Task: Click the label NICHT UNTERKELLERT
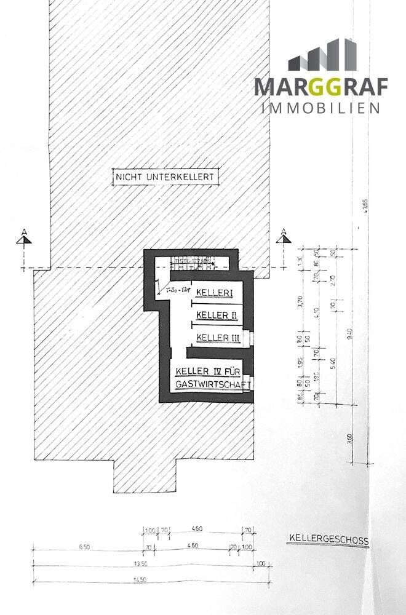pyautogui.click(x=165, y=177)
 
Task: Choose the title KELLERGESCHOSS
pyautogui.click(x=328, y=541)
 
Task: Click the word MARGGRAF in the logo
pyautogui.click(x=322, y=87)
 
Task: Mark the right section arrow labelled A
pyautogui.click(x=284, y=237)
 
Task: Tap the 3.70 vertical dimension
pyautogui.click(x=301, y=302)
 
